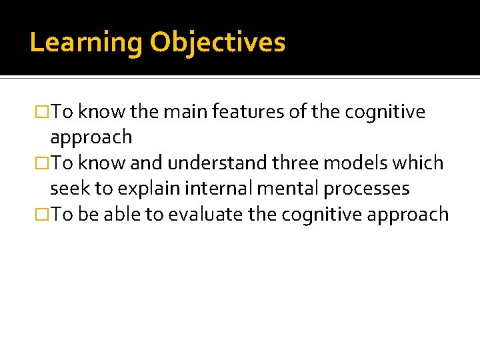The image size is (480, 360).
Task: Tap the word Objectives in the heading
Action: (x=217, y=43)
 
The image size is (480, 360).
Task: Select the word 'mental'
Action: (x=288, y=189)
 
